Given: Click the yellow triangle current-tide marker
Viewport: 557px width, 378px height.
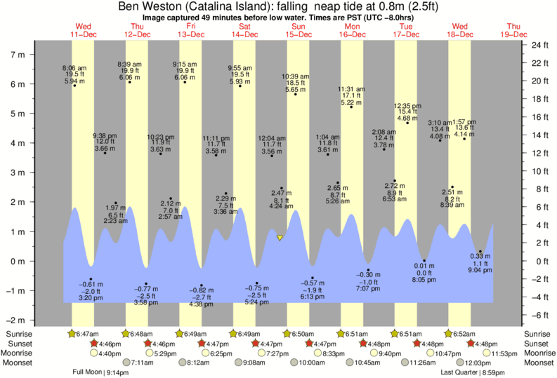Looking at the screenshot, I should (280, 238).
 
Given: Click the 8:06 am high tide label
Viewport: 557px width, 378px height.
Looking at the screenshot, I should (74, 67).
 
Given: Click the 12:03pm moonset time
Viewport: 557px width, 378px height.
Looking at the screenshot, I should (478, 363).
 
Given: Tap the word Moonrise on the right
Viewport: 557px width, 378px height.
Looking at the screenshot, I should (537, 353).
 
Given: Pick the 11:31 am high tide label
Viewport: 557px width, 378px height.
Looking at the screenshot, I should (350, 89).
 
